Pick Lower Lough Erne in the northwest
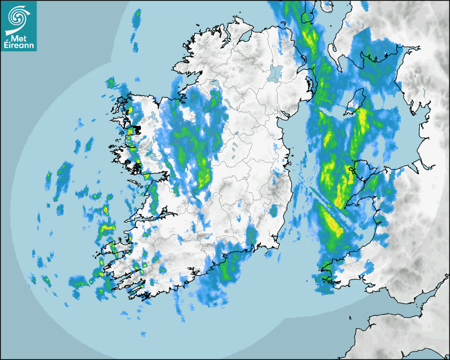tap(214, 84)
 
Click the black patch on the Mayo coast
tap(136, 129)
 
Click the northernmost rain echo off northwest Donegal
tap(137, 16)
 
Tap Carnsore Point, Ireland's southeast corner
tap(279, 245)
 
